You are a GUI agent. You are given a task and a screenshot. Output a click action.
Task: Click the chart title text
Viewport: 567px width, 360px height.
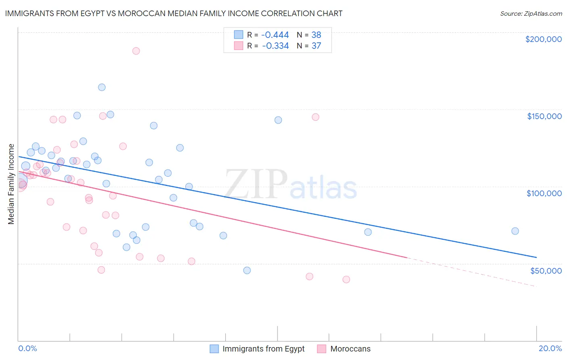pyautogui.click(x=174, y=13)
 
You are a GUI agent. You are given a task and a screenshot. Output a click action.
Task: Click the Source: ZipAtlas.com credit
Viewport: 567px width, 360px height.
pyautogui.click(x=531, y=13)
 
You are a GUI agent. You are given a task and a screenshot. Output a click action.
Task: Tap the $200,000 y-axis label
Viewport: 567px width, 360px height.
pyautogui.click(x=543, y=39)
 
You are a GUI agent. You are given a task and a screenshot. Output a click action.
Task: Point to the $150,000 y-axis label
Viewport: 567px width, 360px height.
pyautogui.click(x=544, y=116)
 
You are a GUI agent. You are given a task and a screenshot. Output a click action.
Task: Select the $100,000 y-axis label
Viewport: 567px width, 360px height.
pyautogui.click(x=544, y=193)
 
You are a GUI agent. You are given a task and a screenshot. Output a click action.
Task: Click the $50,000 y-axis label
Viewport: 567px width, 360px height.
pyautogui.click(x=546, y=270)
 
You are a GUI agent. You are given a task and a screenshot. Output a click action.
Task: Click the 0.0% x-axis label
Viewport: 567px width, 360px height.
pyautogui.click(x=27, y=348)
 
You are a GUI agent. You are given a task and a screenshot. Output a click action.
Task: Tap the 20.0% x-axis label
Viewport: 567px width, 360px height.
pyautogui.click(x=550, y=348)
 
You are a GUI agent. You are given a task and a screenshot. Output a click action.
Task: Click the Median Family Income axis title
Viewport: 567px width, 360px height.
pyautogui.click(x=11, y=184)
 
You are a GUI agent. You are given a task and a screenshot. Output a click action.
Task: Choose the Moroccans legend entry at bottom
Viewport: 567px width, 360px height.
pyautogui.click(x=344, y=349)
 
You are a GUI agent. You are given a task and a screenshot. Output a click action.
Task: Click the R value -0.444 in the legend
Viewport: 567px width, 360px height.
pyautogui.click(x=275, y=35)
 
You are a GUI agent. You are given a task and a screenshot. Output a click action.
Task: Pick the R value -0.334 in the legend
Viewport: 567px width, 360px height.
pyautogui.click(x=275, y=46)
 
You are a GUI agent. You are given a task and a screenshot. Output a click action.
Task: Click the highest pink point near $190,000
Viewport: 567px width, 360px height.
pyautogui.click(x=136, y=51)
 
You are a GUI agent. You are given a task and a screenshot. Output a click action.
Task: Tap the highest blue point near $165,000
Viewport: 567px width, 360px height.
pyautogui.click(x=102, y=87)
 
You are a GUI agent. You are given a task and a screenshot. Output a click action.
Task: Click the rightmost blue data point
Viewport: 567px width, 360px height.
pyautogui.click(x=515, y=231)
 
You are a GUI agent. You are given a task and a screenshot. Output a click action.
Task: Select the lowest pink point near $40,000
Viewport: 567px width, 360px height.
pyautogui.click(x=346, y=279)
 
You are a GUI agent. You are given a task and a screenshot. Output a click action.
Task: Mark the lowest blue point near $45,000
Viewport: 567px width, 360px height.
pyautogui.click(x=247, y=270)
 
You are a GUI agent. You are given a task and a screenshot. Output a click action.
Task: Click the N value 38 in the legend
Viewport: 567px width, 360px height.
pyautogui.click(x=316, y=35)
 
